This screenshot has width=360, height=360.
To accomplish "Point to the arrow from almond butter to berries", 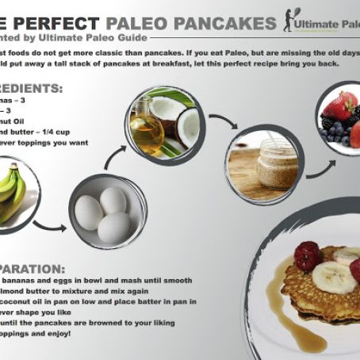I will pos(319,165).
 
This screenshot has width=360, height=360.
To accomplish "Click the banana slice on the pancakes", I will pos(332,277).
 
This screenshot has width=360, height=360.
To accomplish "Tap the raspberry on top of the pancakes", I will pos(308,255).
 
